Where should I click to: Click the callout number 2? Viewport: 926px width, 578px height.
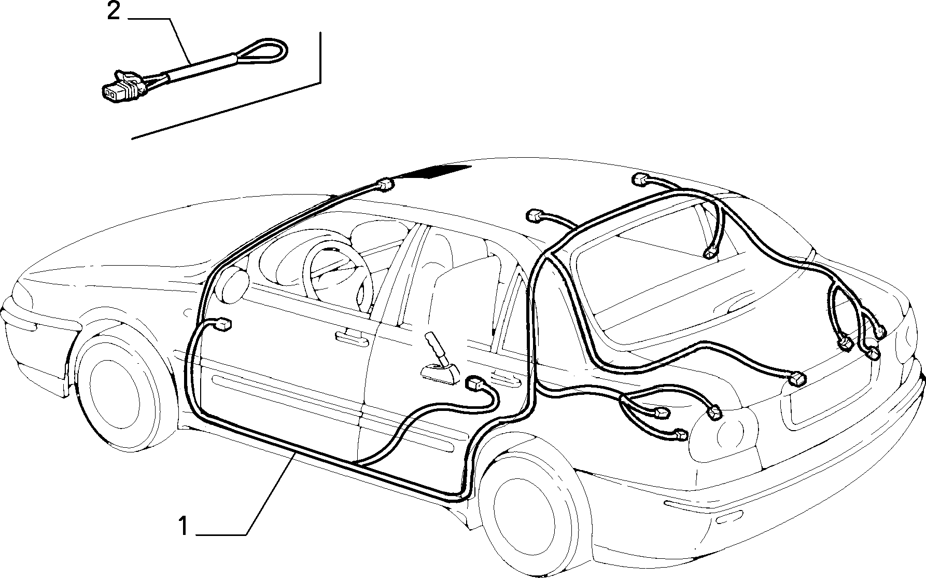tap(114, 11)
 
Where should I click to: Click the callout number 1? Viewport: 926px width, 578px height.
tap(183, 526)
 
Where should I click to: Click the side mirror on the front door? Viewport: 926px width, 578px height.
tap(234, 286)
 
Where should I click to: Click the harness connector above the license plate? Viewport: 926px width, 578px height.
tap(797, 378)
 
